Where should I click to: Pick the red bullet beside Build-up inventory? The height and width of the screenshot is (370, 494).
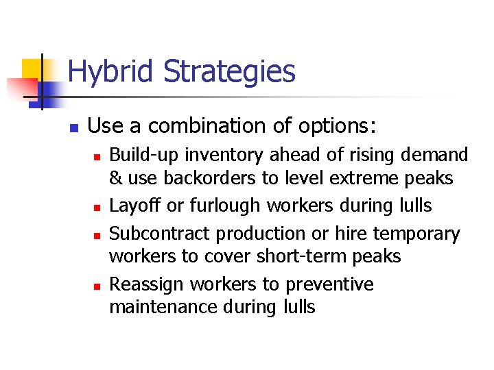[97, 158]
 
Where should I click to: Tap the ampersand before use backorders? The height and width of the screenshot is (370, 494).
[116, 178]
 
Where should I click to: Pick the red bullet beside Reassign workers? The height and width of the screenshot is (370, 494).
[97, 286]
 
